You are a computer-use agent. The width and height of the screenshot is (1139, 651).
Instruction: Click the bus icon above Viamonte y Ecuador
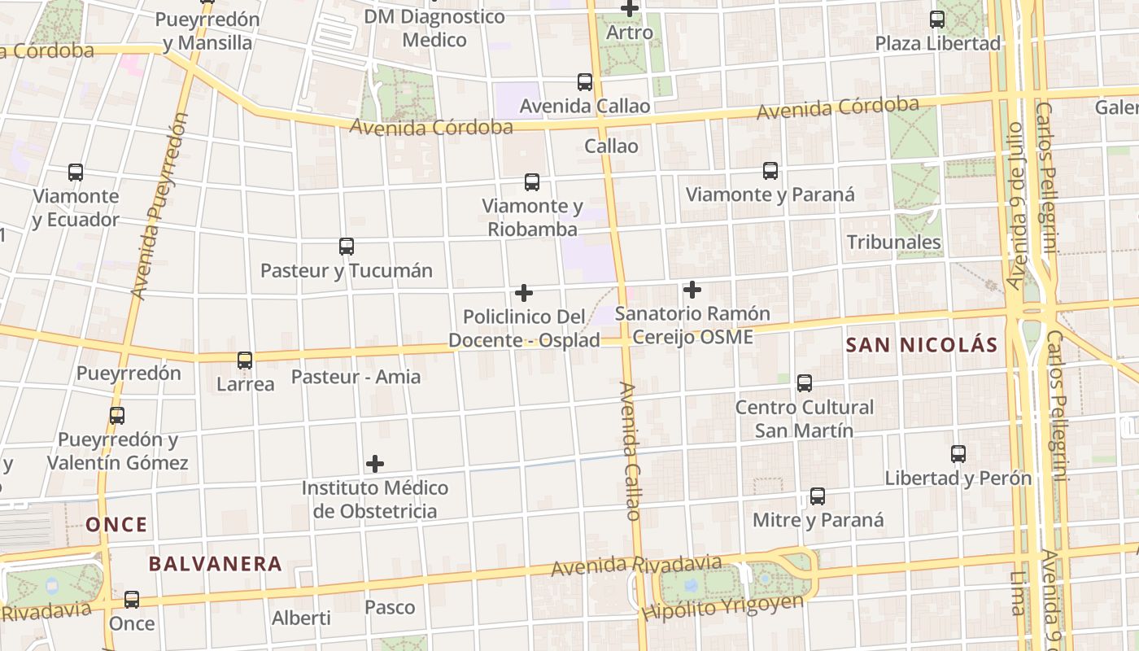point(76,173)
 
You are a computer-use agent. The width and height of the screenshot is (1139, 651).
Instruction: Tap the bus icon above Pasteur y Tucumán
point(347,247)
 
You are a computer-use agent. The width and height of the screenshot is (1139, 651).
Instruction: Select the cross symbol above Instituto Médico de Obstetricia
point(375,464)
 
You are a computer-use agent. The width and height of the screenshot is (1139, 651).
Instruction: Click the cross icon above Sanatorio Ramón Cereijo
point(692,290)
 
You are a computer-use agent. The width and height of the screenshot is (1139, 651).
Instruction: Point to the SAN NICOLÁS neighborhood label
point(922,345)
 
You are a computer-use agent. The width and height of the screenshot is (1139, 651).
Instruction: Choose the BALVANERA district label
point(216,564)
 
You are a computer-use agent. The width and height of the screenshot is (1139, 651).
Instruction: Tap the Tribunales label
point(893,242)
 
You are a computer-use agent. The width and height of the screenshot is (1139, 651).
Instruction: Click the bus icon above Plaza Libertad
point(937,20)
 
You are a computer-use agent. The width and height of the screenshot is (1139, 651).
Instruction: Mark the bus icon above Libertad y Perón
point(958,454)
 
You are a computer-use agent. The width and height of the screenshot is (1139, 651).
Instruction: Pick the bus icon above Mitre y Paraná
point(818,496)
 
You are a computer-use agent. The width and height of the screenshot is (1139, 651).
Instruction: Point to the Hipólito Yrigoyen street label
point(722,607)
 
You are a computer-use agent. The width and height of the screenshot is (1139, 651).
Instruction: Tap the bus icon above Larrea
point(245,360)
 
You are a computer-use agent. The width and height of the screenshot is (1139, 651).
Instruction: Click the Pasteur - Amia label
point(356,377)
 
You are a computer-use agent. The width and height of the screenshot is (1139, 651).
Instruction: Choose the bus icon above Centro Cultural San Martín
point(805,383)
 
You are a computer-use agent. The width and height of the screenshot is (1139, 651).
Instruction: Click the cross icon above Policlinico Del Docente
point(525,293)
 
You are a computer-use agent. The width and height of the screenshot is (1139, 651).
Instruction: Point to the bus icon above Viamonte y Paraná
point(770,171)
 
